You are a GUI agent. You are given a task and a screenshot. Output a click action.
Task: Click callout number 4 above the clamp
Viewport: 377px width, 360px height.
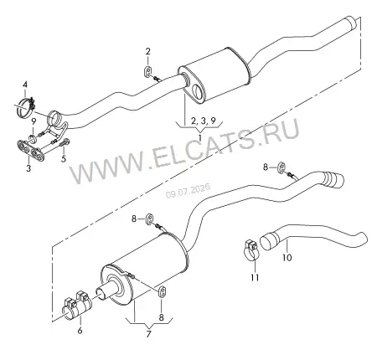click(x=25, y=85)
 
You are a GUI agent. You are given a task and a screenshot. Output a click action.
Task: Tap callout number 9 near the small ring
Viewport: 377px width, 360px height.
click(x=34, y=121)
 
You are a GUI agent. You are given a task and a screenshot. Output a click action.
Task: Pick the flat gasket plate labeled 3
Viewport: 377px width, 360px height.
click(x=31, y=151)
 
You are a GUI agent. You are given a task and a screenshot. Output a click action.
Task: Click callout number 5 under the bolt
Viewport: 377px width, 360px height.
click(x=64, y=159)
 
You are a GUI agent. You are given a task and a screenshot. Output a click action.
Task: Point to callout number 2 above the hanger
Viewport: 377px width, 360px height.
click(x=147, y=52)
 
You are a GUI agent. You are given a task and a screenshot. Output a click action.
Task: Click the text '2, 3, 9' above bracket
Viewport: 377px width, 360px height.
click(x=204, y=121)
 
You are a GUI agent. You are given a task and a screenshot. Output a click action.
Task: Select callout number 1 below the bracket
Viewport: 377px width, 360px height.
click(x=200, y=137)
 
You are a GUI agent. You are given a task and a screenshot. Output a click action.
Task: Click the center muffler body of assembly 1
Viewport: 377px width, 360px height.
click(x=215, y=75)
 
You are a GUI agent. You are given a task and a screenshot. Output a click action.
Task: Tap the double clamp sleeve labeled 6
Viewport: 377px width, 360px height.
click(x=77, y=306)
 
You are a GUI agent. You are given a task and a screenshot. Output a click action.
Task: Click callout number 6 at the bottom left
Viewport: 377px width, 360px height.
click(x=80, y=331)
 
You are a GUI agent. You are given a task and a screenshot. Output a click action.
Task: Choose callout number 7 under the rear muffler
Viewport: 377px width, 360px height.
click(x=148, y=334)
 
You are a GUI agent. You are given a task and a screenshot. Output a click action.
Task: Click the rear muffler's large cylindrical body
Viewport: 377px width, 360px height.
click(x=145, y=270)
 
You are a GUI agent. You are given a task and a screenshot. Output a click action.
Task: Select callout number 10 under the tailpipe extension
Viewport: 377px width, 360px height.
click(x=287, y=257)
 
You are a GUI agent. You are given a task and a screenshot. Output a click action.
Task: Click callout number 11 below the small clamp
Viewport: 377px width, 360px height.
click(x=255, y=277)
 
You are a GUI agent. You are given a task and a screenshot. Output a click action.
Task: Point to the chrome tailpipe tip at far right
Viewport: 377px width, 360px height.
click(x=333, y=180)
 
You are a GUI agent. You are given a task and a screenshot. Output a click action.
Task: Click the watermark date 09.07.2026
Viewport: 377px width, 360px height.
click(x=188, y=190)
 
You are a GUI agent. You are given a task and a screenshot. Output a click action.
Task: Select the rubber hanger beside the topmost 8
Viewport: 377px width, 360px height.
click(x=281, y=167)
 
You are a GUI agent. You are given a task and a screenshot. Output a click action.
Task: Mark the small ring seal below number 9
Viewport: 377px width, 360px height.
click(x=34, y=138)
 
